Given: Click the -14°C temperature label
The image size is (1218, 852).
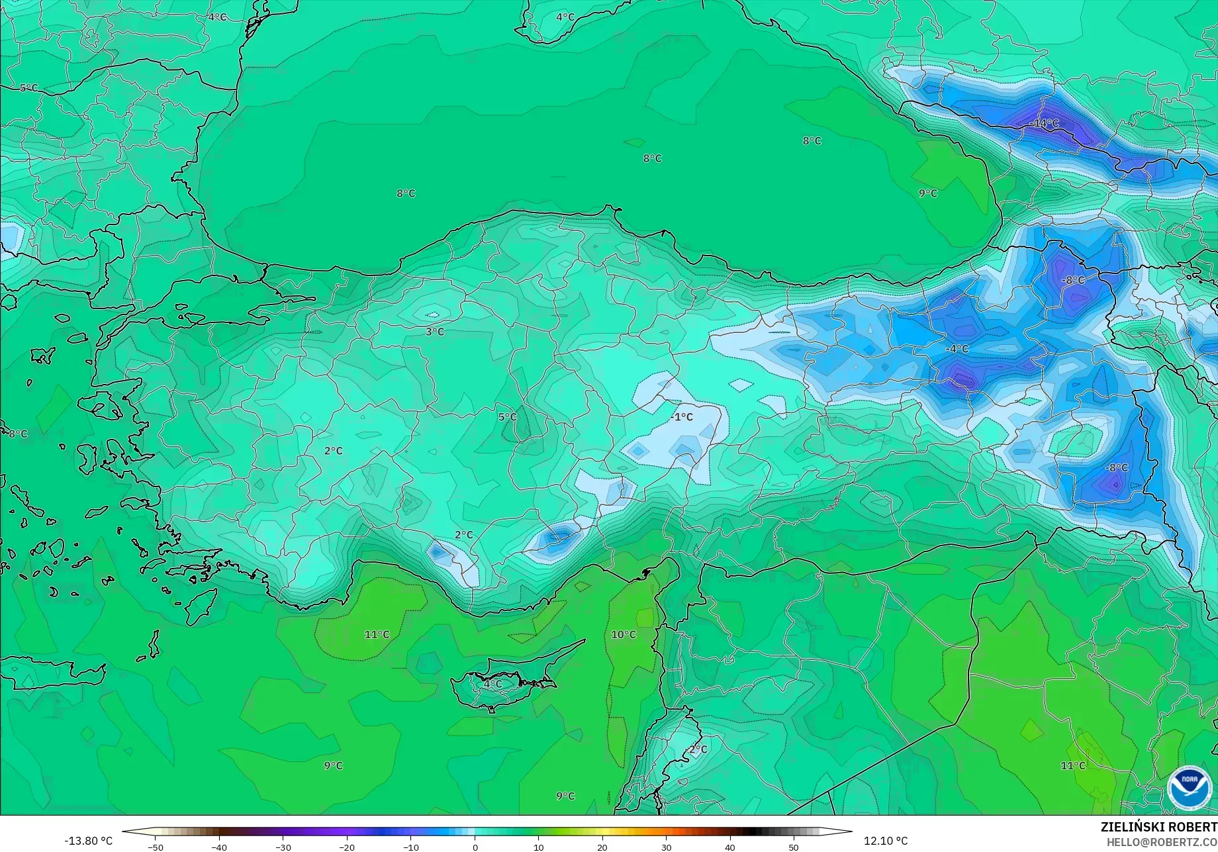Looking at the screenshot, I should click(1045, 123).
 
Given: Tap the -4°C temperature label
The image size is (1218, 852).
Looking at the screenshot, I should click(957, 349).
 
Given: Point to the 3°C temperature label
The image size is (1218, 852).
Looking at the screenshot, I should click(435, 332).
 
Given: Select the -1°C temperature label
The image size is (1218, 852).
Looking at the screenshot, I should click(681, 416).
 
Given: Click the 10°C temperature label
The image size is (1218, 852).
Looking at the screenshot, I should click(623, 634).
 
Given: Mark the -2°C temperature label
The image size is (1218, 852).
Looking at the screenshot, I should click(697, 749).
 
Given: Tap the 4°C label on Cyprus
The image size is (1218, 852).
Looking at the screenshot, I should click(492, 684).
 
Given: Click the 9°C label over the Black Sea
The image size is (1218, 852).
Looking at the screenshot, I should click(928, 193).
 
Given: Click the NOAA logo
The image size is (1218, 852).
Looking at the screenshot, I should click(1190, 787).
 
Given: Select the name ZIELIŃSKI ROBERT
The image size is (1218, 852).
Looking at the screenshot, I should click(1158, 827).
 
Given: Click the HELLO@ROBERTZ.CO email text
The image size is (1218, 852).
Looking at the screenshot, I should click(1162, 842).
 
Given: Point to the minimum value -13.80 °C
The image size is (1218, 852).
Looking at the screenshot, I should click(88, 841).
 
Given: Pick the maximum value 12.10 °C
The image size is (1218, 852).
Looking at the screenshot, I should click(886, 841).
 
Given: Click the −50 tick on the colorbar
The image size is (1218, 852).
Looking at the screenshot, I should click(155, 847).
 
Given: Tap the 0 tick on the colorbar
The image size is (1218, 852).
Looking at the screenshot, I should click(475, 847).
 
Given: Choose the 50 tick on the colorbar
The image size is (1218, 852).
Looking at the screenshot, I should click(794, 847).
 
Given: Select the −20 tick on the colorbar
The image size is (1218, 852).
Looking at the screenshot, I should click(347, 847).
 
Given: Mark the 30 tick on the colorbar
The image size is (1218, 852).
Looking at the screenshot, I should click(666, 847).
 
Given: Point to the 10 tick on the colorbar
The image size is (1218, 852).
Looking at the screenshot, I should click(538, 847).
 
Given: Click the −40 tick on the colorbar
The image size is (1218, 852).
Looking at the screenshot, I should click(219, 847).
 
